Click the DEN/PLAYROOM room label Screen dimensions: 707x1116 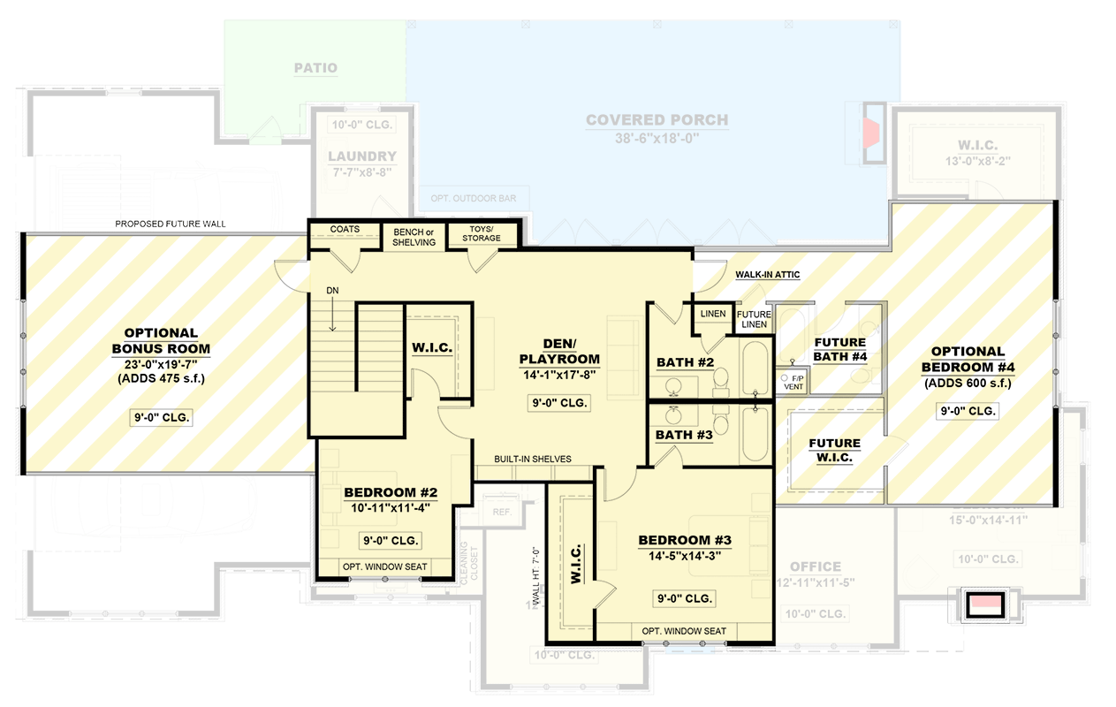(x=559, y=351)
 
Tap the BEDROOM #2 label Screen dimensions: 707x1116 (x=391, y=492)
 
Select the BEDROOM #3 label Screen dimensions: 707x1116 (x=687, y=540)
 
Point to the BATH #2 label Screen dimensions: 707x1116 (x=685, y=362)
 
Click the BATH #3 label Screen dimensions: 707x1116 (x=684, y=435)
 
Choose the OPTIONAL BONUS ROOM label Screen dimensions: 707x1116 (x=160, y=341)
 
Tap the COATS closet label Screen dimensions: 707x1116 (x=345, y=230)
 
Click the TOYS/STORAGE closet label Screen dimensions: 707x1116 (x=482, y=233)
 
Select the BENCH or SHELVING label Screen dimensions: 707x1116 (x=414, y=237)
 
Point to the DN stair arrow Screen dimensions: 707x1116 (x=334, y=311)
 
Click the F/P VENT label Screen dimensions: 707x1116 (x=792, y=381)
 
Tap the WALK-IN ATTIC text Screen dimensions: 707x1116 (x=767, y=275)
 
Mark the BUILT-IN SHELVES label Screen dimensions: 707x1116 (x=532, y=459)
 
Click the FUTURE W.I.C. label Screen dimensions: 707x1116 (x=834, y=450)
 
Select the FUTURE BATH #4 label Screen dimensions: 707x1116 (x=839, y=349)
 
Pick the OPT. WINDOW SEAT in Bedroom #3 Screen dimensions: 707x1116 (x=684, y=630)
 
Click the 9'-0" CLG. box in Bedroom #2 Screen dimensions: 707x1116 (x=391, y=540)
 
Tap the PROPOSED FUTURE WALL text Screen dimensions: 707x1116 (x=171, y=224)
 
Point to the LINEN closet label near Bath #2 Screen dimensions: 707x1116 (x=712, y=314)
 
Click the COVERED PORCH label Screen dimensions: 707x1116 (x=657, y=120)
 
